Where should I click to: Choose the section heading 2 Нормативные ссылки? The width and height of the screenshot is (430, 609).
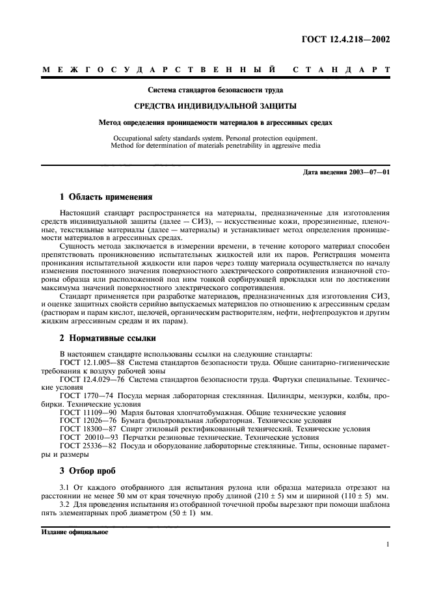(107, 338)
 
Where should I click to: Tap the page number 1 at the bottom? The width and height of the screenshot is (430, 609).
(388, 545)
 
